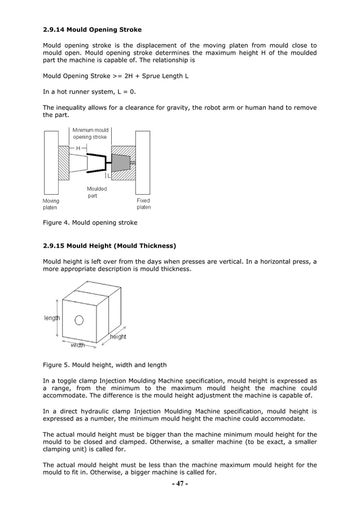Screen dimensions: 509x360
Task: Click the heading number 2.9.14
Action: pos(54,29)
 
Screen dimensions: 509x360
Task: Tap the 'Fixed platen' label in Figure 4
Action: pos(144,204)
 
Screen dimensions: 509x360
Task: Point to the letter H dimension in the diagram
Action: pos(77,148)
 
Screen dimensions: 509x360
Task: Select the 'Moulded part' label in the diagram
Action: pos(96,192)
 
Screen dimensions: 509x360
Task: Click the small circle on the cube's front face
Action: pos(80,321)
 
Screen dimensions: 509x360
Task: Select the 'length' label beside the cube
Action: pos(52,318)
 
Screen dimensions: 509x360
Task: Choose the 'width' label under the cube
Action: pos(77,345)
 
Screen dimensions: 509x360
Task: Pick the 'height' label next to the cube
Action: pos(118,336)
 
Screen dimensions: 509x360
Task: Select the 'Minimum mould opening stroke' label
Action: pos(90,133)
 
